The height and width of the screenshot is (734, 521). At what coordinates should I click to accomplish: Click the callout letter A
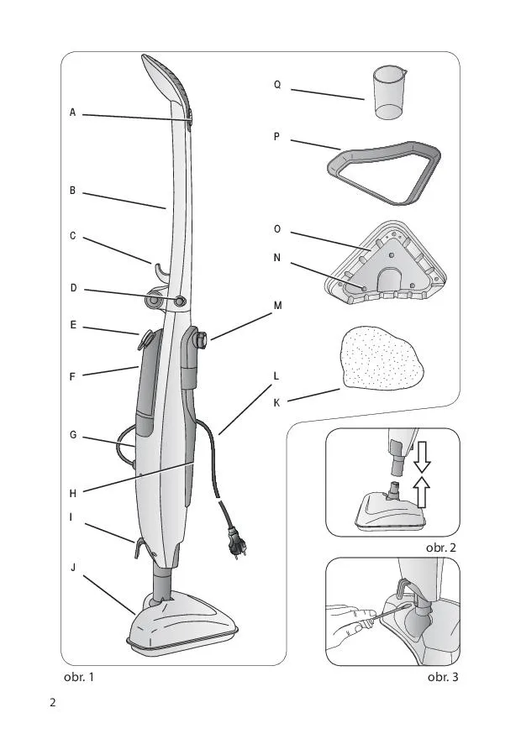72,113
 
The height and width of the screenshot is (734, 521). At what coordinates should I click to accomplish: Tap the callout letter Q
277,85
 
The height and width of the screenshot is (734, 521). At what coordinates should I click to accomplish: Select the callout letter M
278,306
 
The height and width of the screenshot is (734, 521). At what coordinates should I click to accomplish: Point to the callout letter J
73,568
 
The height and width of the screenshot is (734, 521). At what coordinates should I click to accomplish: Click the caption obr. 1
79,677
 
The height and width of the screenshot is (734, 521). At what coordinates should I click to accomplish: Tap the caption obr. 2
441,548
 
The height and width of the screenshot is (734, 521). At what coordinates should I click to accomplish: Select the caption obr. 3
443,677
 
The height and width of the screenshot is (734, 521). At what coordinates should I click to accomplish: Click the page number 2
52,703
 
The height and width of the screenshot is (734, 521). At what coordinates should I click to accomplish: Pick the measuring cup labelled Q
390,92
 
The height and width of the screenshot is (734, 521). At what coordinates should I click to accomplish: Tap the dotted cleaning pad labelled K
383,358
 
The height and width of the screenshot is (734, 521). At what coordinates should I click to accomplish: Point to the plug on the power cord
237,543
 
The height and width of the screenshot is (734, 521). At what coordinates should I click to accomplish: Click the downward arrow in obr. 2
422,459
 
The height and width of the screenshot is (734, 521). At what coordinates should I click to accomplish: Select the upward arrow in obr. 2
422,491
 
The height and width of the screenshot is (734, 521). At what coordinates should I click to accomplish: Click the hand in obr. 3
349,627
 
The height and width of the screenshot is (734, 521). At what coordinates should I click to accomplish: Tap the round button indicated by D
180,301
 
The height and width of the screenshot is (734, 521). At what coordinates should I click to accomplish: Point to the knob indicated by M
203,339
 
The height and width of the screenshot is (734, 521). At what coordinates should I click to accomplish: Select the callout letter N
277,258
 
